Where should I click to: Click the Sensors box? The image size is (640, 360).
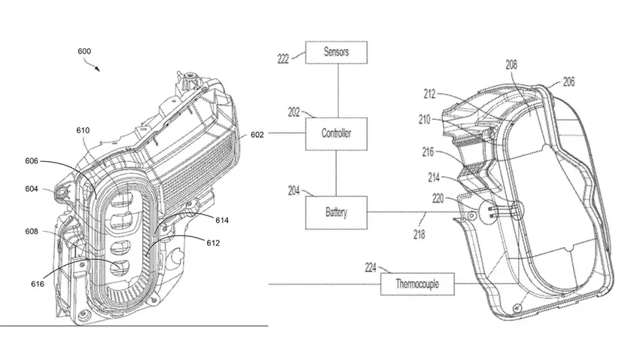coord(337,52)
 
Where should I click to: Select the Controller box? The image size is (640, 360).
coord(337,133)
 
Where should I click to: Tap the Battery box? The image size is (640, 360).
coord(337,213)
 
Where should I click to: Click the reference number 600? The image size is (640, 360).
coord(85,52)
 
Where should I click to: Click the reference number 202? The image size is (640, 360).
coord(293,111)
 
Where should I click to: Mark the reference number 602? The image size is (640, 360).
coord(258,135)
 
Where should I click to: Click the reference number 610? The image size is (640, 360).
coord(83,130)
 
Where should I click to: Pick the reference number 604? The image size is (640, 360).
coord(31,189)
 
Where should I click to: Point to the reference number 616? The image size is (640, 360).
coord(37,283)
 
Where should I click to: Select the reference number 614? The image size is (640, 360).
coord(221,220)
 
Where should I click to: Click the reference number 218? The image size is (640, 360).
coord(419,234)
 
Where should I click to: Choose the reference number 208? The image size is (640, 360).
coord(511,66)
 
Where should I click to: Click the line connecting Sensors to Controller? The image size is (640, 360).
coord(337,90)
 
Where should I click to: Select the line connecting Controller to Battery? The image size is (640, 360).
coord(337,172)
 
